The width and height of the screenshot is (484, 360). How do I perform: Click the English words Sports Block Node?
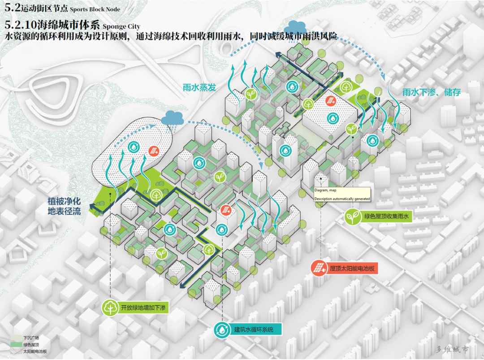pyautogui.click(x=95, y=9)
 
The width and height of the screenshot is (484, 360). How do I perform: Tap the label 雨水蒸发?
pyautogui.click(x=199, y=87)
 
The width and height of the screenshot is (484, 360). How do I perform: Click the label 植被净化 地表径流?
pyautogui.click(x=64, y=206)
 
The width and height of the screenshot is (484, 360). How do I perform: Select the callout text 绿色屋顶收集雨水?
pyautogui.click(x=386, y=217)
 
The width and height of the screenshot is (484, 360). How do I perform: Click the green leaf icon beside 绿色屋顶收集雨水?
pyautogui.click(x=352, y=217)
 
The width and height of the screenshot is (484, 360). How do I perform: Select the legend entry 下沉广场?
pyautogui.click(x=31, y=338)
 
